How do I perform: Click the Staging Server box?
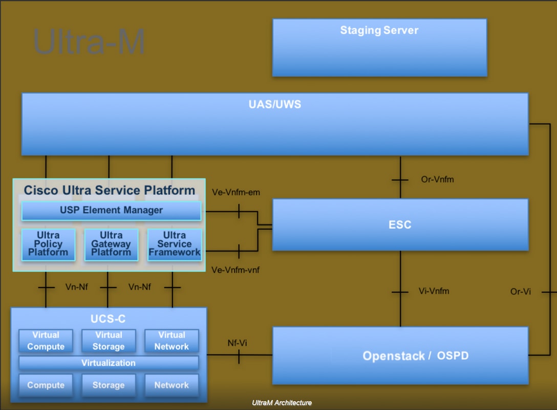379,48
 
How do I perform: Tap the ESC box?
400,224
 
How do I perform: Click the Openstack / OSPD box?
400,356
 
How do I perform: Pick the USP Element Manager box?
111,210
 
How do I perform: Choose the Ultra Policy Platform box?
48,244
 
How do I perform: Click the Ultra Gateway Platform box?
111,244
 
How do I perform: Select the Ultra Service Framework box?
175,244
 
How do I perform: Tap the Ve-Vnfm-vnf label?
235,270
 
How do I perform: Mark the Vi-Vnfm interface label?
434,291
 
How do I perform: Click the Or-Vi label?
520,291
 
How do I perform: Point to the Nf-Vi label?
237,343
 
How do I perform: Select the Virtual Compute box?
46,341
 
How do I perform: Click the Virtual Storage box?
109,341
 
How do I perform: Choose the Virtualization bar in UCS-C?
109,363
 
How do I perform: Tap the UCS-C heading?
108,319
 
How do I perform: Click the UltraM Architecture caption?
282,403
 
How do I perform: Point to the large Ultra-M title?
89,43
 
